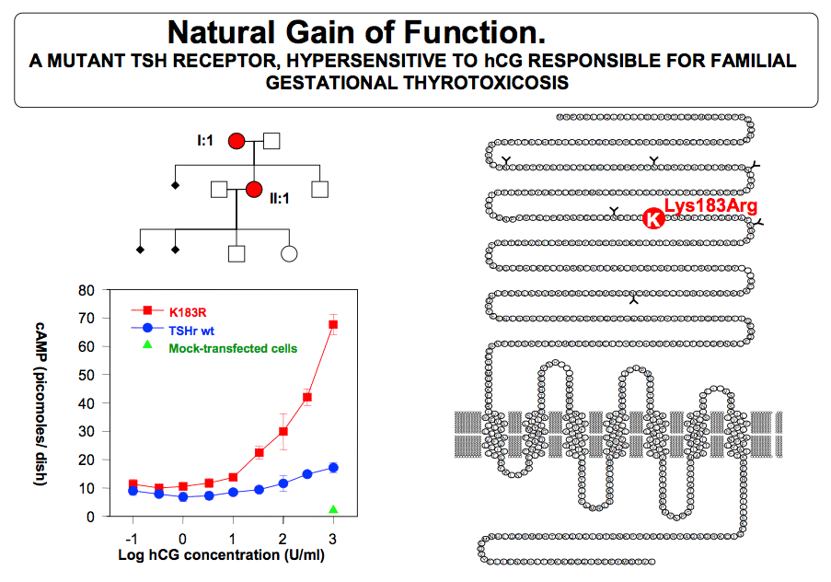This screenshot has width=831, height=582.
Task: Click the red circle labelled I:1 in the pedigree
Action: pyautogui.click(x=237, y=141)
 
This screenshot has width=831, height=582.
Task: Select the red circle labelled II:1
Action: pyautogui.click(x=254, y=190)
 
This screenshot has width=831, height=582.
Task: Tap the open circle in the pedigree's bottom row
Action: pyautogui.click(x=289, y=254)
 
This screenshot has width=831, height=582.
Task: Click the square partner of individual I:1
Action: pyautogui.click(x=271, y=141)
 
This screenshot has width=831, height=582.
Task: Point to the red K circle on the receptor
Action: pyautogui.click(x=653, y=218)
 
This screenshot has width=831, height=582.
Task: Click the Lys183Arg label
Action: pyautogui.click(x=710, y=205)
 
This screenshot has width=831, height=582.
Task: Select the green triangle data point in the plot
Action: pyautogui.click(x=333, y=509)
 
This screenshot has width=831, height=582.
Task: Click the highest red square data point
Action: pyautogui.click(x=333, y=325)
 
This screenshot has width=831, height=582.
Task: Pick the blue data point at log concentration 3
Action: pyautogui.click(x=333, y=468)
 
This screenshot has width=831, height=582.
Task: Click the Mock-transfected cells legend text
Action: pyautogui.click(x=233, y=349)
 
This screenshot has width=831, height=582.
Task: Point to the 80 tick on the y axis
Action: pyautogui.click(x=87, y=290)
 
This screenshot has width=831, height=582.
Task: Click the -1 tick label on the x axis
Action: pyautogui.click(x=132, y=539)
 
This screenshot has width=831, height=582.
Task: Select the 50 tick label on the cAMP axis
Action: pyautogui.click(x=87, y=375)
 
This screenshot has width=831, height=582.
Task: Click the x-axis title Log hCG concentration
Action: pyautogui.click(x=221, y=555)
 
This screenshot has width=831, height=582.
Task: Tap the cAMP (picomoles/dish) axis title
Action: pyautogui.click(x=40, y=403)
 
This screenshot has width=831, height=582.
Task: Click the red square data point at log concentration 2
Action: pyautogui.click(x=283, y=431)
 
